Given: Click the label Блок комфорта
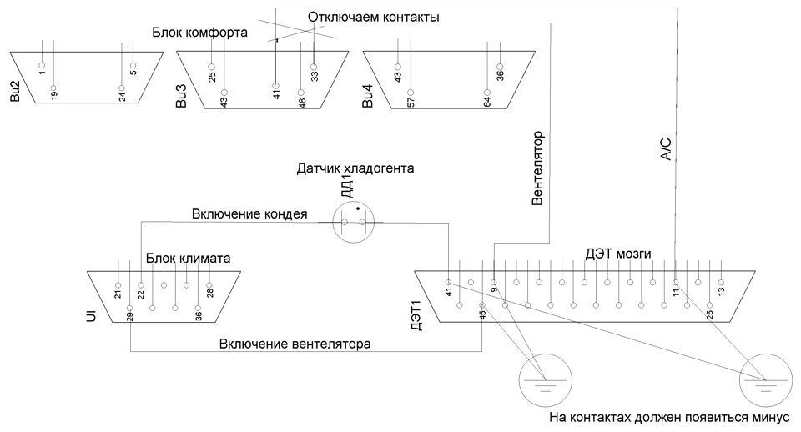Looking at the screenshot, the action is (x=199, y=33).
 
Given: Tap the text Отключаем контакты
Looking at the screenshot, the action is (x=374, y=17).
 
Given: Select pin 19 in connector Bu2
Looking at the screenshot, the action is (x=53, y=88).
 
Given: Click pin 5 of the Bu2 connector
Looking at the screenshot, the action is (x=133, y=65).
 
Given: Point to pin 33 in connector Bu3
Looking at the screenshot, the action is (x=314, y=67).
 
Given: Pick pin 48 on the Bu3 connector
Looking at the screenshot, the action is (x=301, y=93).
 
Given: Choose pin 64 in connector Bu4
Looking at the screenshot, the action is (x=487, y=93).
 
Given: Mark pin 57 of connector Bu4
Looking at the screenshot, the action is (x=411, y=93).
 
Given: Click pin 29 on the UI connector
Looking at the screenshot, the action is (x=130, y=308).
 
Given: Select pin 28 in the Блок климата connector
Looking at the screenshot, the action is (x=209, y=285).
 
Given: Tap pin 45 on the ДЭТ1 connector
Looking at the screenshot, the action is (x=482, y=305).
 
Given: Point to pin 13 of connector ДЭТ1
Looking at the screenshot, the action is (x=721, y=283).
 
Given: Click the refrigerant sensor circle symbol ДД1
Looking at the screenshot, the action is (x=354, y=222).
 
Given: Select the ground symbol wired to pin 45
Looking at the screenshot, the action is (x=545, y=380).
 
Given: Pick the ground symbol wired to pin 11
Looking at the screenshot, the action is (x=766, y=380).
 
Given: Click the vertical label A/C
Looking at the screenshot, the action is (x=666, y=149).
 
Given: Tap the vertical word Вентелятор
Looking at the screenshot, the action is (x=537, y=168).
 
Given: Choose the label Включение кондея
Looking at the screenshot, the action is (x=249, y=213).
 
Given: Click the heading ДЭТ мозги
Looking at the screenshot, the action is (x=618, y=254).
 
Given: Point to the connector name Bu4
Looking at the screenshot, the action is (x=368, y=96).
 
